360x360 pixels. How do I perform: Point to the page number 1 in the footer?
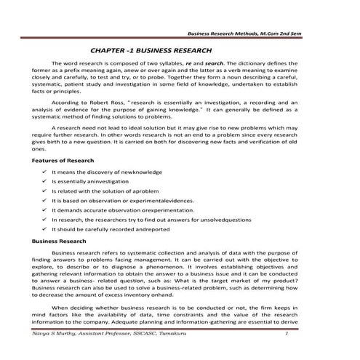(x=289, y=334)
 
